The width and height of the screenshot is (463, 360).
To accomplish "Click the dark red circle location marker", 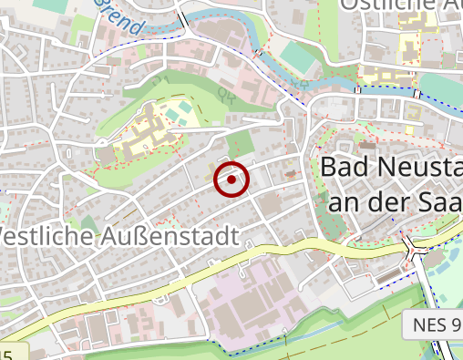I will point(232,180).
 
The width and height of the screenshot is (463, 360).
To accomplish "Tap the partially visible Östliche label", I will point(401,5).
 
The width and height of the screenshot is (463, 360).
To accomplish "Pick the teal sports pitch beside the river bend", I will point(295,57).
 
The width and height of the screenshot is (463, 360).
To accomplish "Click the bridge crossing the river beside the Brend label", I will point(182,18).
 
